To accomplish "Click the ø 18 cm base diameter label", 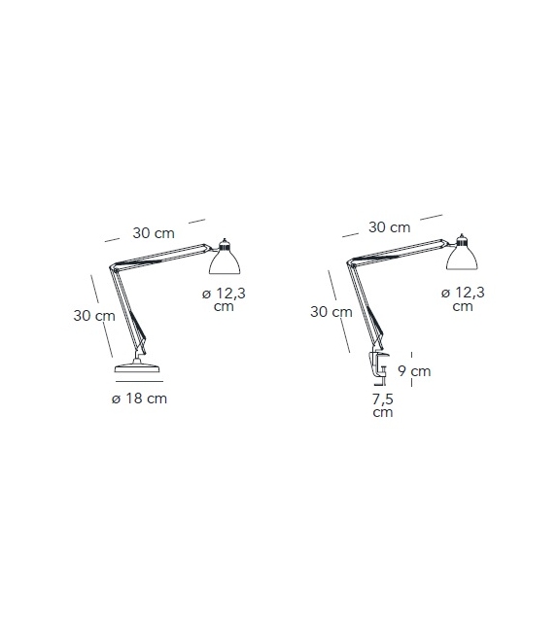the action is (139, 399).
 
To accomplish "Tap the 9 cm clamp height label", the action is (414, 371).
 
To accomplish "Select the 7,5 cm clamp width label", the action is (383, 405).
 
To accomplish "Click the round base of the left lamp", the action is (137, 366).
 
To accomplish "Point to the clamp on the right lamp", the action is (378, 368).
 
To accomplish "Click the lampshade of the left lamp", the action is (225, 261).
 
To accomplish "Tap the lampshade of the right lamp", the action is (462, 257).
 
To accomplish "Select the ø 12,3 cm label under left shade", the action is (224, 299).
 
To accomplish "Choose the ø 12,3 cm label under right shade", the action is (463, 298).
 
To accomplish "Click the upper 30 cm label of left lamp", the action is (154, 233).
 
